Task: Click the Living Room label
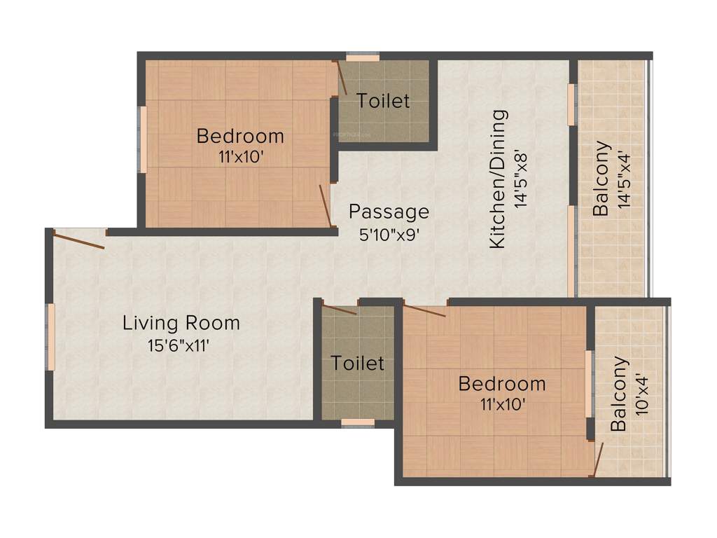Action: (181, 323)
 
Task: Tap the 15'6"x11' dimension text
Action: (179, 345)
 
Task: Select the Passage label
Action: (389, 211)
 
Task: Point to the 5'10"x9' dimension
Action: (389, 235)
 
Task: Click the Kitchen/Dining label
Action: (497, 179)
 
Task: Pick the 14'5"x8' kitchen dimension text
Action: (521, 179)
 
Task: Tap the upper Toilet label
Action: (383, 101)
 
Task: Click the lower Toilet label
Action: (357, 363)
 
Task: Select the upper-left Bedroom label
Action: (240, 135)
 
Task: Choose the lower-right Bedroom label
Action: (502, 384)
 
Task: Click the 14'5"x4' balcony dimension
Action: (625, 178)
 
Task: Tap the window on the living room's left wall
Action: (50, 336)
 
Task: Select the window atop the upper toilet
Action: (363, 57)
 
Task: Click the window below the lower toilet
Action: (357, 423)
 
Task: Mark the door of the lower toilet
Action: (340, 309)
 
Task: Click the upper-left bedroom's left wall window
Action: (142, 139)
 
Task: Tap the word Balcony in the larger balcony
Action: (601, 178)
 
